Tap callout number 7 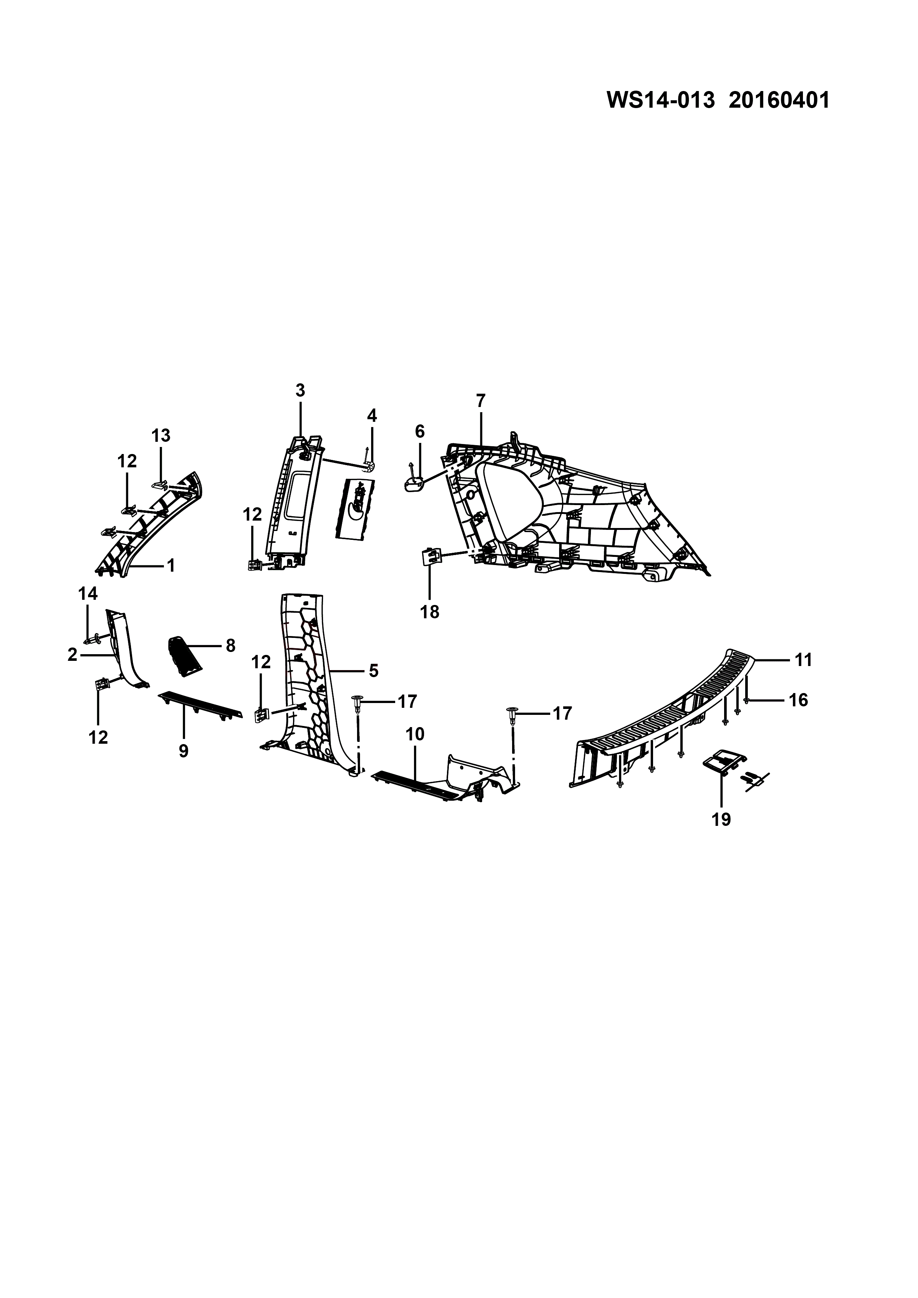click(481, 401)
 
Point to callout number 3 click(300, 390)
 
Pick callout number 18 click(430, 612)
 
